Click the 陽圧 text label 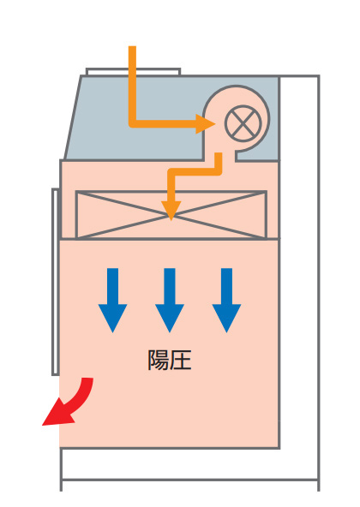pos(170,360)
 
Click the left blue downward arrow pos(112,300)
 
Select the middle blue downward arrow pos(170,300)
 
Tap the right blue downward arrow pos(226,300)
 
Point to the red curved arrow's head pos(57,414)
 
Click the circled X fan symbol pos(243,123)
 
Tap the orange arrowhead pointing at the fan pos(205,123)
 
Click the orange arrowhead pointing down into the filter pos(171,210)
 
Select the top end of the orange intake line pos(132,46)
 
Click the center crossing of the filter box pos(171,216)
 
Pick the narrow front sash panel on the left pos(56,282)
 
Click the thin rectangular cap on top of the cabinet pos(133,71)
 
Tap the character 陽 pos(159,360)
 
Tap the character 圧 pos(181,360)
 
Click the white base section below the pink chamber pos(189,463)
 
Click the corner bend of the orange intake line pos(133,123)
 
